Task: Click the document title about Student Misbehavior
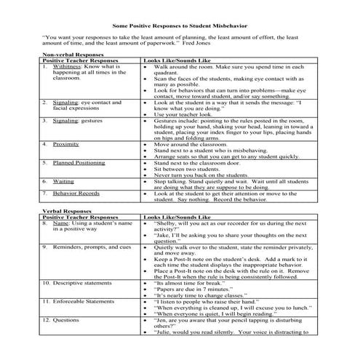point(180,25)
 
